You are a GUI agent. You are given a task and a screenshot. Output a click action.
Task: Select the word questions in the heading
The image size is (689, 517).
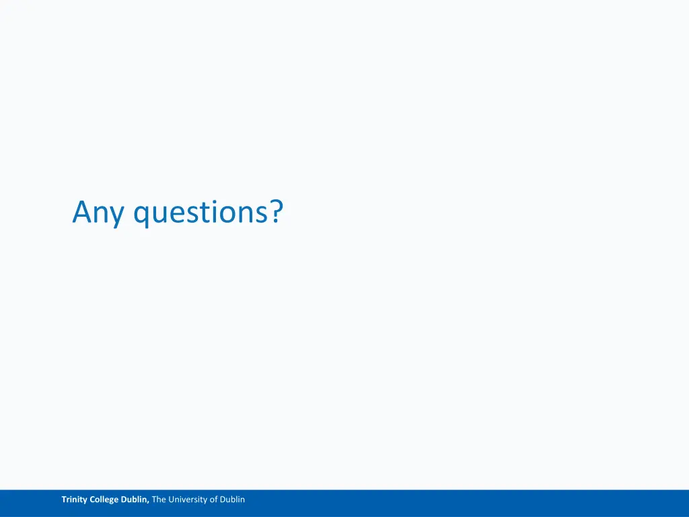(200, 213)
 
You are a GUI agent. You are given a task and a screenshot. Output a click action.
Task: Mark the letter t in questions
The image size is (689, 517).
(198, 213)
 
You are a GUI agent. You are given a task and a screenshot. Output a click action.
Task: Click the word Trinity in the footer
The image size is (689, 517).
(75, 499)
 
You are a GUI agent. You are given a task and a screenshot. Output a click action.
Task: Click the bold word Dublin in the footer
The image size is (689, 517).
(135, 499)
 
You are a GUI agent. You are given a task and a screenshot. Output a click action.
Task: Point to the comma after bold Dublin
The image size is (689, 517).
(149, 502)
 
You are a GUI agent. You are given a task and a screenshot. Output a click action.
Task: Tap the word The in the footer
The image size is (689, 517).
(159, 499)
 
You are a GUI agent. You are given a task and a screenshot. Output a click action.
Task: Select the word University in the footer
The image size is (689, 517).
(188, 499)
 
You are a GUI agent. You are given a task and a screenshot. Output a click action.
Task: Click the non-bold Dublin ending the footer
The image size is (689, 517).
(232, 499)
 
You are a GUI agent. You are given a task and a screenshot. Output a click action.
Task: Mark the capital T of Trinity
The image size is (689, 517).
(64, 499)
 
